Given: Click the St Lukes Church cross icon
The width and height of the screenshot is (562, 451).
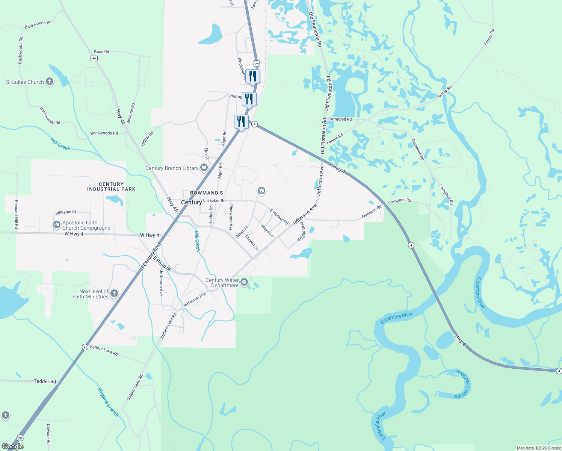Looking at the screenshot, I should pyautogui.click(x=50, y=82).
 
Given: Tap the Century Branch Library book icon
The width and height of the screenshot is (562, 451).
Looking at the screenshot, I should pyautogui.click(x=204, y=168).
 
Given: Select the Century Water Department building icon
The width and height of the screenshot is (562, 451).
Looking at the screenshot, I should pyautogui.click(x=244, y=282).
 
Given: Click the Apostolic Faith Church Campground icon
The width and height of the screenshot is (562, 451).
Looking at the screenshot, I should pyautogui.click(x=57, y=225).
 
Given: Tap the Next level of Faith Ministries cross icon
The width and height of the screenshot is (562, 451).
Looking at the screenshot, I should pyautogui.click(x=114, y=293).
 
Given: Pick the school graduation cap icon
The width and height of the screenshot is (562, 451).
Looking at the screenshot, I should pyautogui.click(x=261, y=191).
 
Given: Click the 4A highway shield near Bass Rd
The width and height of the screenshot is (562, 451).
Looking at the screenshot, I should pyautogui.click(x=94, y=58).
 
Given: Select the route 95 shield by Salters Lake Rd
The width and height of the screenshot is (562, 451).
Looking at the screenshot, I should pyautogui.click(x=85, y=347).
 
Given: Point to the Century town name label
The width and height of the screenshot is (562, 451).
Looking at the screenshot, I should pyautogui.click(x=191, y=202).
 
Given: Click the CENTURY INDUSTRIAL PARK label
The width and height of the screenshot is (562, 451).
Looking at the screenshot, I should pyautogui.click(x=111, y=187).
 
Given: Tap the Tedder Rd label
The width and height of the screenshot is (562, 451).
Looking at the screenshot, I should pyautogui.click(x=45, y=381).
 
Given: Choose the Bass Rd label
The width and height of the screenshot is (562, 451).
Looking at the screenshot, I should pyautogui.click(x=101, y=52).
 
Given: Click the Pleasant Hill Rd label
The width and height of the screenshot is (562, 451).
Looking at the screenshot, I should pyautogui.click(x=17, y=214).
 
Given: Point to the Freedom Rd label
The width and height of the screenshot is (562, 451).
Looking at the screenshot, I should pyautogui.click(x=372, y=212).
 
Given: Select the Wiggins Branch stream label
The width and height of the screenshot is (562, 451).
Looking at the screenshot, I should pyautogui.click(x=108, y=402).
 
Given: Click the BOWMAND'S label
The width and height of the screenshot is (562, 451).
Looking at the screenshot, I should pyautogui.click(x=207, y=193).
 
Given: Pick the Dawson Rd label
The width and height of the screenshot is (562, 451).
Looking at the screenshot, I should pyautogui.click(x=48, y=434).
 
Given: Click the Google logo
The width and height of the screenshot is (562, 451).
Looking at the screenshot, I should pyautogui.click(x=12, y=446).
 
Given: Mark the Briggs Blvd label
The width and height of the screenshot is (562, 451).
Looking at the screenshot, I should pyautogui.click(x=301, y=232).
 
